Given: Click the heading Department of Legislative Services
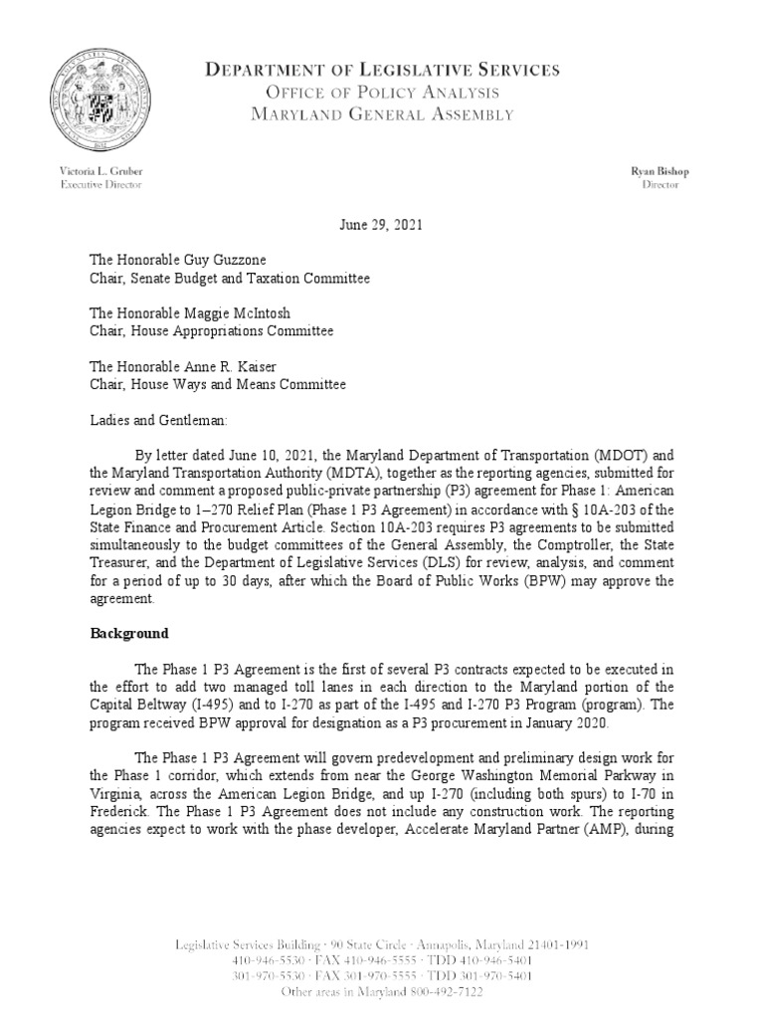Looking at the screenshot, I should tap(383, 70).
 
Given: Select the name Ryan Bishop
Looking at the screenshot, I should tap(660, 171).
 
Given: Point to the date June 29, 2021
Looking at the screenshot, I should tap(382, 225).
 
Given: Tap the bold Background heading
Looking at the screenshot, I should tap(129, 634).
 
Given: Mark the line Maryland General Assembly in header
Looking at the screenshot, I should tap(383, 114).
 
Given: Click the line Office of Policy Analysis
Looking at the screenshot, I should tap(383, 93).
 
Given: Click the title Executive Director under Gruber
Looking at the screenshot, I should tap(99, 185).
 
